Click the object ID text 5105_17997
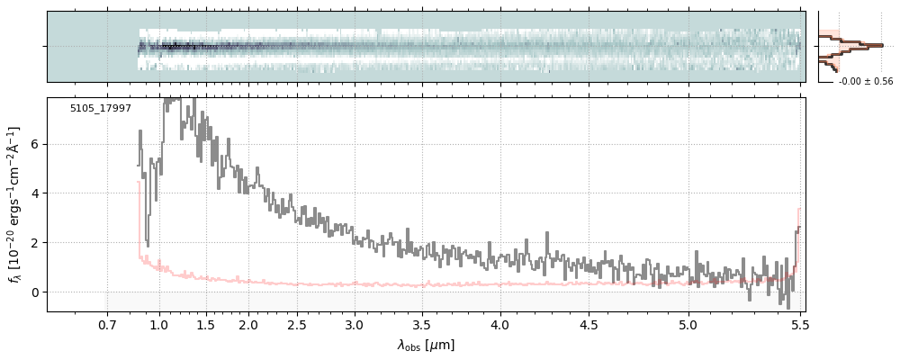[101, 109]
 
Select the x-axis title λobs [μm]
[427, 344]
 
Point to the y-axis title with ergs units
[15, 205]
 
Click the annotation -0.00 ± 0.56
[865, 82]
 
